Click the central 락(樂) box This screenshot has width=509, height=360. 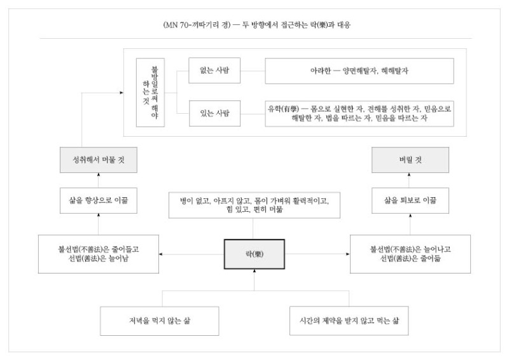click(254, 254)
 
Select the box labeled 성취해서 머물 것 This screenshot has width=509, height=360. click(99, 160)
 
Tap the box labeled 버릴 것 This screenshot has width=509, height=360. click(410, 160)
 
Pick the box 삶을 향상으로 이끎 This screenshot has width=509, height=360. click(99, 200)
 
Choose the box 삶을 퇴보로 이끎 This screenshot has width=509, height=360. click(410, 200)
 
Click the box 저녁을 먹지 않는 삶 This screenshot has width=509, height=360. click(160, 321)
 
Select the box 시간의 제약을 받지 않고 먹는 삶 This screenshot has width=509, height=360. click(349, 321)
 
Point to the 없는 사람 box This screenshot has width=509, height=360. click(214, 71)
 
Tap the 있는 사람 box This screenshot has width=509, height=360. click(214, 113)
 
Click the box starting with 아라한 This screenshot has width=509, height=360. click(359, 71)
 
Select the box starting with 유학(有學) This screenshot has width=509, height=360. click(359, 114)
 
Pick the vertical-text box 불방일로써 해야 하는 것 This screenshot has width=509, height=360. click(150, 92)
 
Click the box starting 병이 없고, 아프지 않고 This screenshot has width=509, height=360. click(254, 205)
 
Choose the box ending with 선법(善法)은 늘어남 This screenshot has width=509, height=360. click(99, 254)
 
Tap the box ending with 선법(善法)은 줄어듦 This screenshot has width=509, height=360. click(410, 254)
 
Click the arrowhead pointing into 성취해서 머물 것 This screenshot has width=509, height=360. click(99, 175)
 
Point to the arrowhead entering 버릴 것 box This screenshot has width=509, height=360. click(409, 175)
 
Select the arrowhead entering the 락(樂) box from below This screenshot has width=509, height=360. click(254, 271)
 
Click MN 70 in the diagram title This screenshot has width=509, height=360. click(177, 25)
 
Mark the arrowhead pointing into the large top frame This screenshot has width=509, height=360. click(122, 92)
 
